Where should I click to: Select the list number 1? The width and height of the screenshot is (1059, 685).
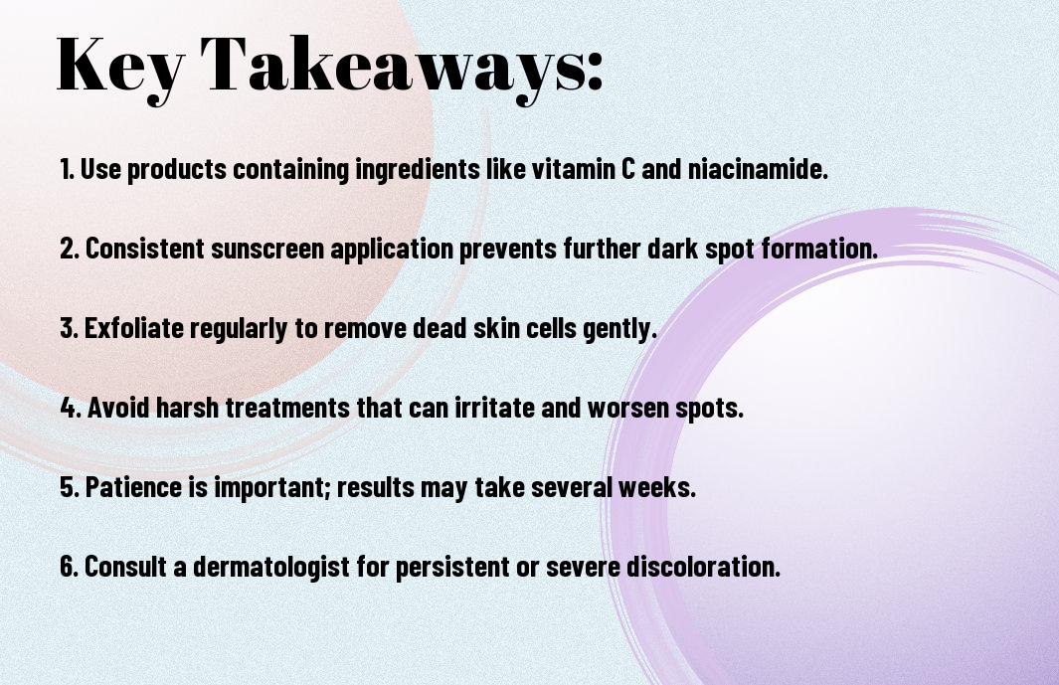click(x=67, y=169)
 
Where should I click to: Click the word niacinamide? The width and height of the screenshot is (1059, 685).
click(x=758, y=169)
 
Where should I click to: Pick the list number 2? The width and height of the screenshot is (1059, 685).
click(x=69, y=248)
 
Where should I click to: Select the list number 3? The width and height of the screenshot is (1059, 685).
click(x=69, y=328)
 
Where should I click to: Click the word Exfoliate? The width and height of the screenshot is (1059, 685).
click(x=133, y=328)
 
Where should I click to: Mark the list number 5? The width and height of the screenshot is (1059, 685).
click(x=69, y=486)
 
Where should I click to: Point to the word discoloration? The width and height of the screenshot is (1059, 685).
click(x=703, y=566)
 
